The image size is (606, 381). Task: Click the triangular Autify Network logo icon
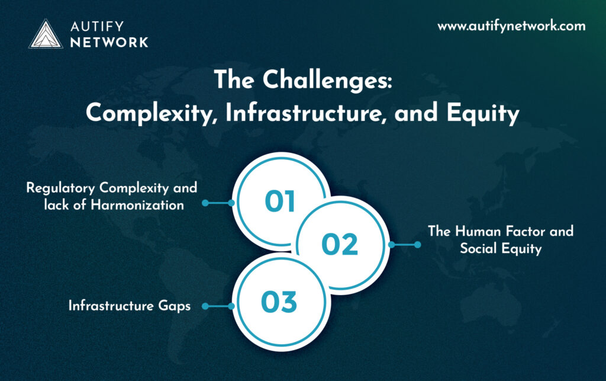coord(46,34)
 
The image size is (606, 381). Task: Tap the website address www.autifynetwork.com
coord(511,26)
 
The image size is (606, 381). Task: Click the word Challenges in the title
coord(327,81)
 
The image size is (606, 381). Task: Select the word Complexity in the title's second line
coord(149,114)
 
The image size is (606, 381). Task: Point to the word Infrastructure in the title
coord(306,113)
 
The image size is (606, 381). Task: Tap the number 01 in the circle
coord(280,201)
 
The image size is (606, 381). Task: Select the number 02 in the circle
coord(340,245)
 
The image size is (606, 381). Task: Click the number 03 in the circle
coord(279,302)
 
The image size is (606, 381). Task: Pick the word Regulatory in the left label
coord(60,188)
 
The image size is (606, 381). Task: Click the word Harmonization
coord(137,204)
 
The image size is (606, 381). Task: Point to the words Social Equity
coord(501,249)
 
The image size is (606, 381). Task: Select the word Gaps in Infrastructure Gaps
coord(175,306)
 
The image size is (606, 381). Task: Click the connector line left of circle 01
coord(218,203)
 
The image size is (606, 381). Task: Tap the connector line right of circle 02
coord(405,245)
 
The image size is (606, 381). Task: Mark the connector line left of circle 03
coord(218,306)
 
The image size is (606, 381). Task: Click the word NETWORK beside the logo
coord(109,43)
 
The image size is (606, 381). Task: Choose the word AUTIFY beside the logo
coord(97,26)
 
